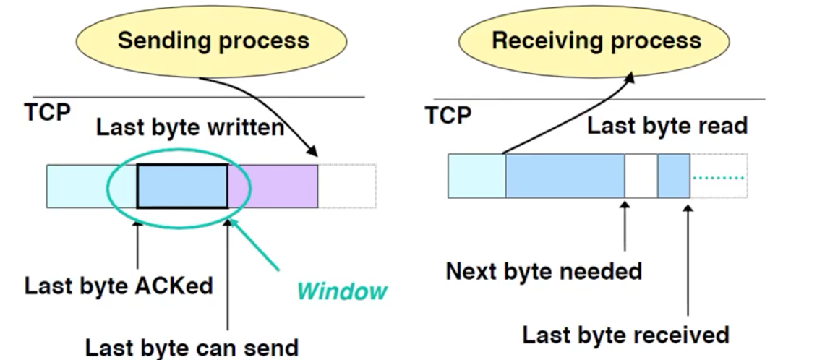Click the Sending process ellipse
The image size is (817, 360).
[x=213, y=40]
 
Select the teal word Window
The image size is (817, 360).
[x=342, y=291]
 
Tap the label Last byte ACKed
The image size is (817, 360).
[x=119, y=286]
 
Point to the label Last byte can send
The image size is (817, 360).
[x=192, y=348]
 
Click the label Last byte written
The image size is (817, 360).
[x=189, y=128]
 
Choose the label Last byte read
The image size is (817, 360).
[x=667, y=126]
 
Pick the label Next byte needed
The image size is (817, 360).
[x=544, y=271]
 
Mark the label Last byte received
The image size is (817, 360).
[x=625, y=335]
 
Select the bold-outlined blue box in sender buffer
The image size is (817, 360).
[x=182, y=186]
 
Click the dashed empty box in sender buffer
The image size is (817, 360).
[x=346, y=186]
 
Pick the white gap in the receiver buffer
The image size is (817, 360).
[x=641, y=176]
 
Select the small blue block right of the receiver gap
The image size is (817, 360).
[x=674, y=176]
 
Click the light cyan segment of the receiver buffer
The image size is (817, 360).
[x=476, y=176]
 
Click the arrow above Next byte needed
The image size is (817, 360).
[x=624, y=227]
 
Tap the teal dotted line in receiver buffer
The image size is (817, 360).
[x=719, y=178]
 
